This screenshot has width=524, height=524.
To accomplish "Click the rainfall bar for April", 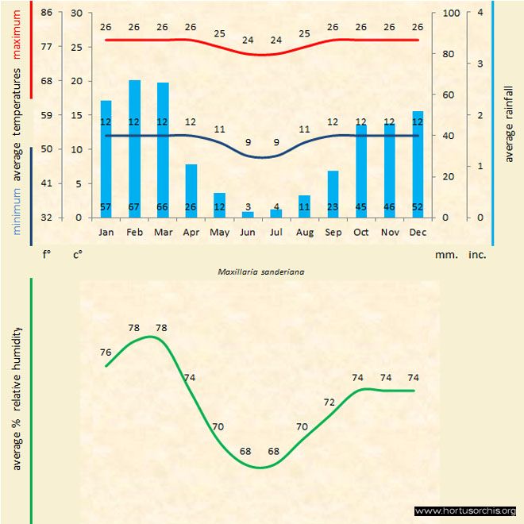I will [x=191, y=191].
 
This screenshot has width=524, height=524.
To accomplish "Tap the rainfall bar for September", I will [x=333, y=194].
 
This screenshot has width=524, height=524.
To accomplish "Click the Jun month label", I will [x=248, y=233].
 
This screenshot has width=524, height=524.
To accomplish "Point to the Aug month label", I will [x=304, y=233].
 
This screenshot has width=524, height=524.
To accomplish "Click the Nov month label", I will [x=389, y=233].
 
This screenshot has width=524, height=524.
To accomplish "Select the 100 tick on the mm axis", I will [x=451, y=13].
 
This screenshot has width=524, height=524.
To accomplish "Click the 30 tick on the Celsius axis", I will [x=77, y=13].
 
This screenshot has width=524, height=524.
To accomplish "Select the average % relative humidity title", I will [x=17, y=397].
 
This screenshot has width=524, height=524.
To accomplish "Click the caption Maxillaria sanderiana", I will [x=262, y=271].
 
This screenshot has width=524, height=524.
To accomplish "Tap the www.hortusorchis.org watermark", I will [x=465, y=511].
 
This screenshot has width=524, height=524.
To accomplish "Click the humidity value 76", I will [x=106, y=352].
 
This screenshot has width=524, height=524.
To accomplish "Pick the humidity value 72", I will [x=329, y=403].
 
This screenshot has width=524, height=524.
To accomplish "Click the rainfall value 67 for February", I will [x=134, y=208].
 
